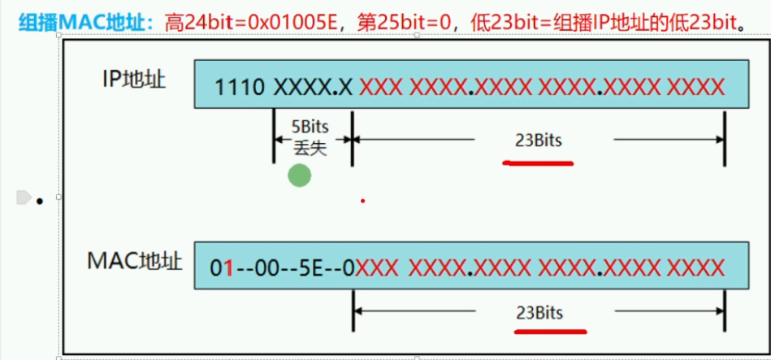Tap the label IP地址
coord(133,80)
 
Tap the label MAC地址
coord(134,262)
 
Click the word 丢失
coord(311,149)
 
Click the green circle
coord(300,175)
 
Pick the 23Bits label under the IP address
coord(539,140)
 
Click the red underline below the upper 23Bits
coord(539,163)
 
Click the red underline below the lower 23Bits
coord(550,332)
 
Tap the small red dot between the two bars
coord(362,201)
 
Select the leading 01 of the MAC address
coord(221,267)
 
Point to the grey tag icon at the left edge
coord(23,197)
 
